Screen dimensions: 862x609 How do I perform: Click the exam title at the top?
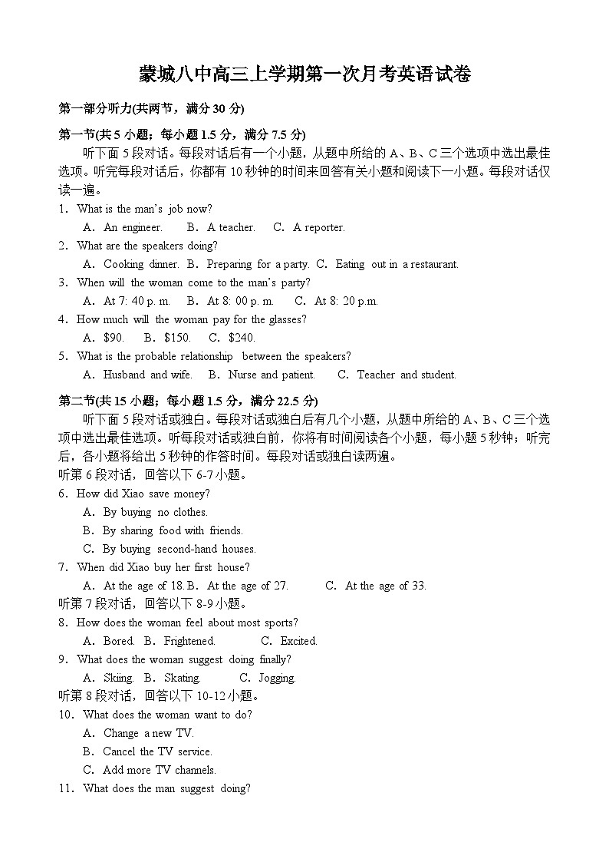click(x=304, y=74)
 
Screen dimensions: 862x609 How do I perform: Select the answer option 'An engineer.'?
click(x=132, y=227)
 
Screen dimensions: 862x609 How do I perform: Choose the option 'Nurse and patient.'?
click(x=271, y=375)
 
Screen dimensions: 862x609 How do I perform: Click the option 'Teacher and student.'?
click(x=406, y=375)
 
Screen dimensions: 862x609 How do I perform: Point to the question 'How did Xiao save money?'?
click(x=143, y=494)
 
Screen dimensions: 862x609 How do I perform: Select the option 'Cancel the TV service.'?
click(x=156, y=751)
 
